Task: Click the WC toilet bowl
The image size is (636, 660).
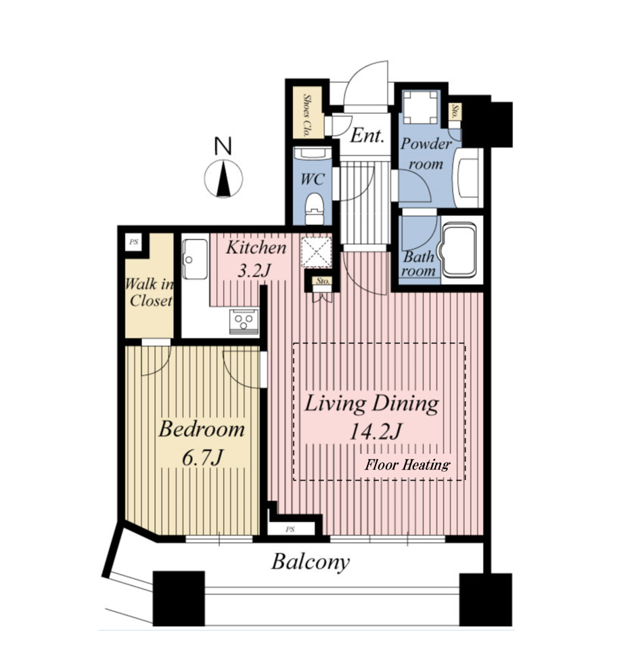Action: click(315, 208)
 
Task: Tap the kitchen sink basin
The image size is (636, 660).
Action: click(195, 259)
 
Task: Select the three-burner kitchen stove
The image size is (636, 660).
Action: click(244, 321)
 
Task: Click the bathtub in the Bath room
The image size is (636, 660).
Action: click(457, 250)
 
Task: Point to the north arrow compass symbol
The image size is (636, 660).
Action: click(223, 179)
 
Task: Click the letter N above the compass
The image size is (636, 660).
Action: click(223, 146)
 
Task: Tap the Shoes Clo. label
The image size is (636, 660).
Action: click(307, 115)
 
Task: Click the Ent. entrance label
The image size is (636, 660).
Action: click(367, 135)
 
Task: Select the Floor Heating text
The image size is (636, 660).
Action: click(407, 464)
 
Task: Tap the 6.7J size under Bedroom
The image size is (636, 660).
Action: click(202, 458)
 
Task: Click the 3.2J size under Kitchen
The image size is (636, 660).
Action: click(254, 270)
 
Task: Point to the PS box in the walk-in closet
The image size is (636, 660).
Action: click(134, 242)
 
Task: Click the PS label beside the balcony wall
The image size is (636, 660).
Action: click(290, 529)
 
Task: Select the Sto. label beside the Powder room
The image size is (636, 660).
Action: click(455, 112)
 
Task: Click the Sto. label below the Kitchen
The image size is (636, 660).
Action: click(323, 281)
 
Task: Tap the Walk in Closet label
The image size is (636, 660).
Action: click(150, 292)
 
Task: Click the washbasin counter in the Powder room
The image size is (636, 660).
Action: click(468, 177)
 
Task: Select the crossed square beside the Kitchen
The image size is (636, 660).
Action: click(317, 252)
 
